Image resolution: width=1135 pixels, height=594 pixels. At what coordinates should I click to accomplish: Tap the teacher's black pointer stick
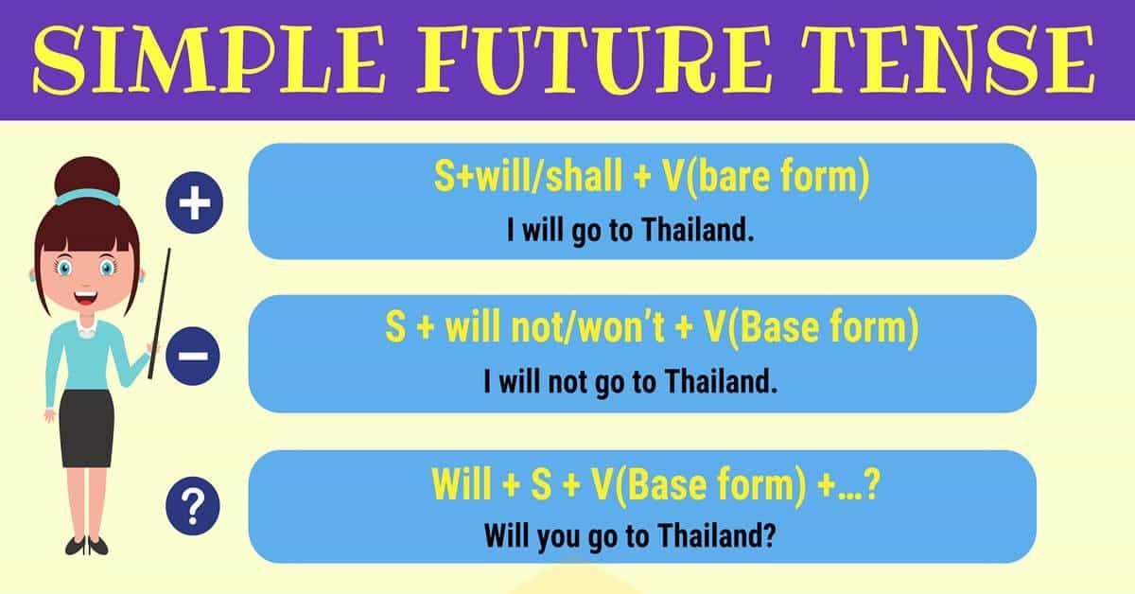pos(160,312)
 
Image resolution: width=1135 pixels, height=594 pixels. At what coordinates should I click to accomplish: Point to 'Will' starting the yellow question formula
pos(464,485)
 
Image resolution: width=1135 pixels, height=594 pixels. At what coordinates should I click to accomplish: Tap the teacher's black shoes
pos(86,546)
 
